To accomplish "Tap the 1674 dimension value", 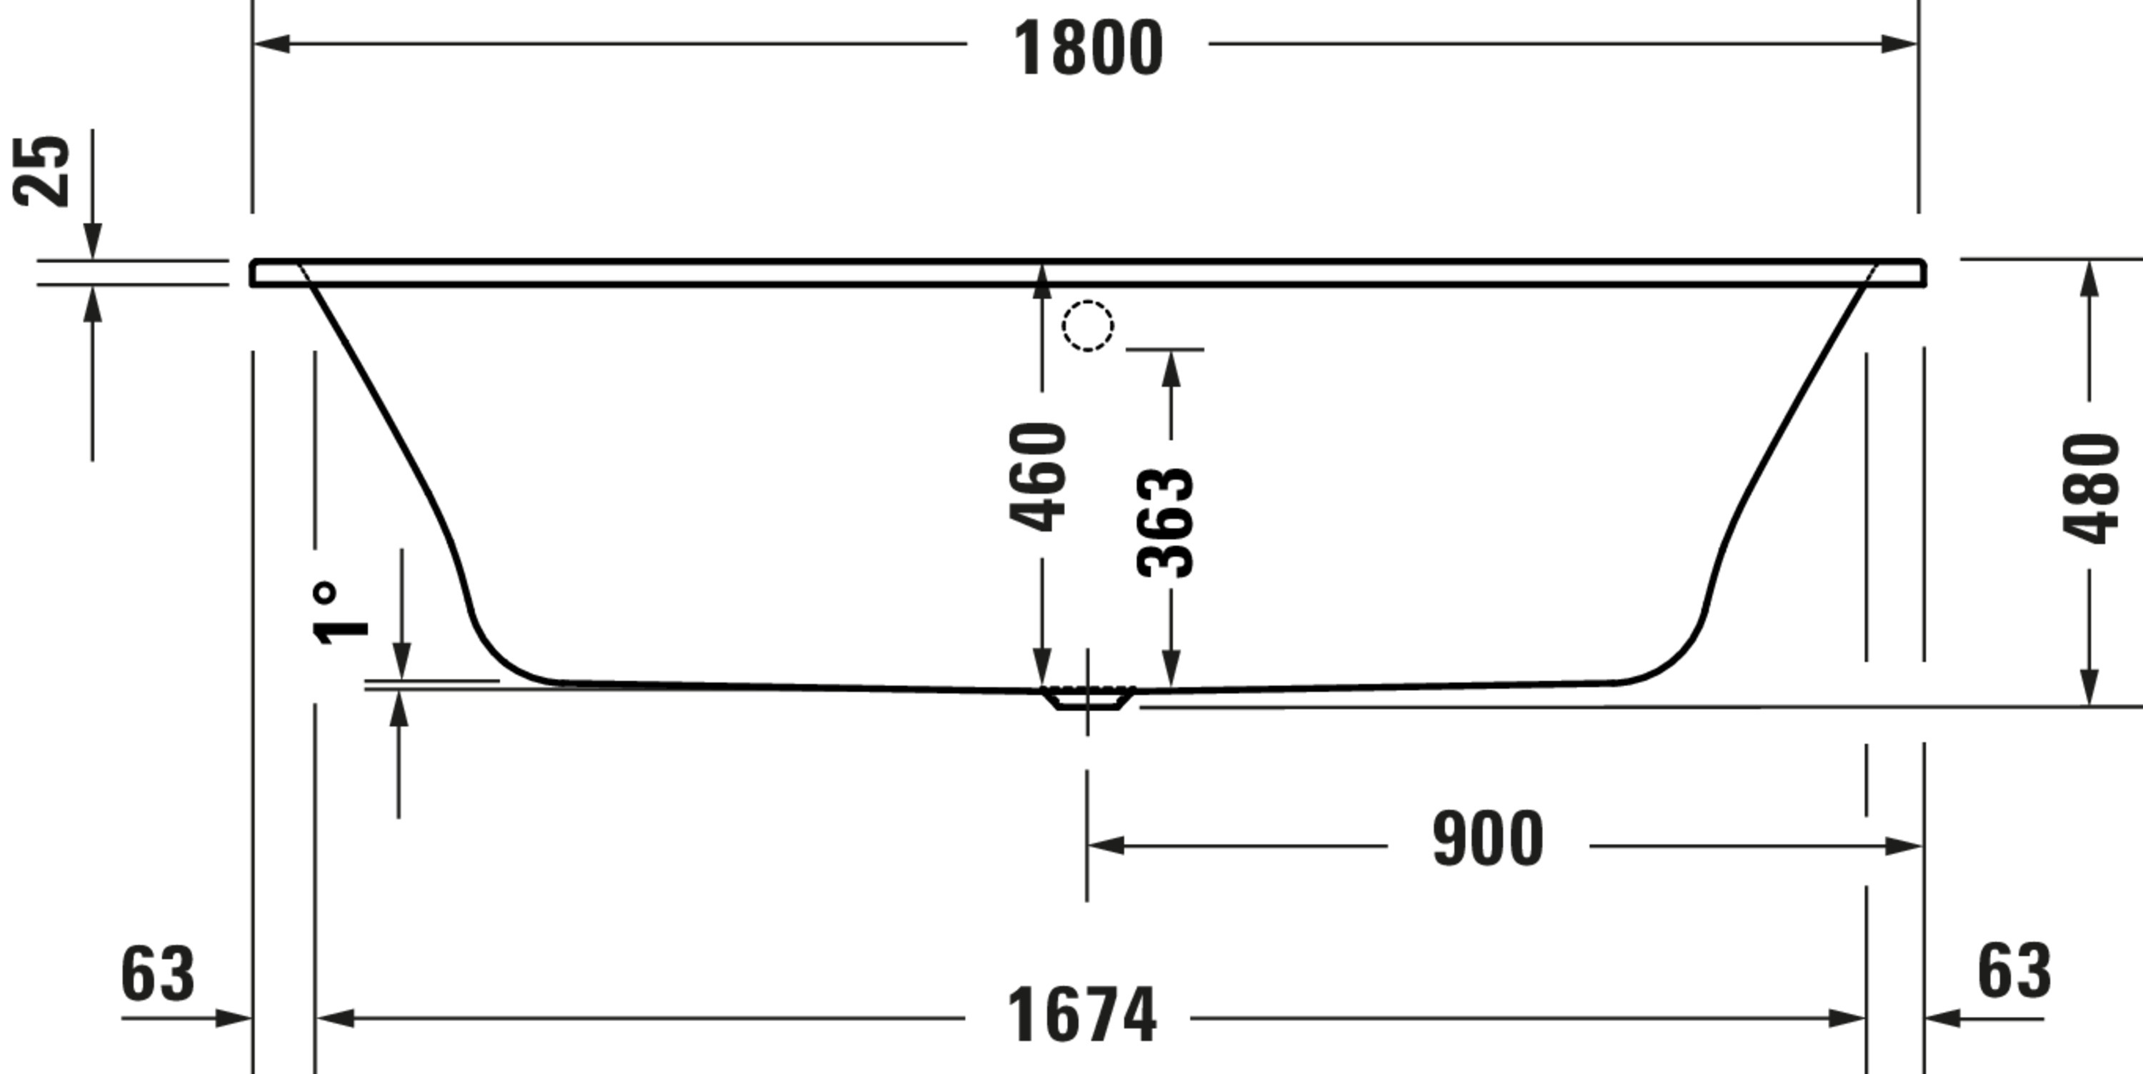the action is pos(1082,1015).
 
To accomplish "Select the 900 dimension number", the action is pos(1487,839).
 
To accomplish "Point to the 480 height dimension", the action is pos(2091,488).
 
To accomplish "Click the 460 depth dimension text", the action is pos(1037,477).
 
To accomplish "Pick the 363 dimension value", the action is pos(1164,522).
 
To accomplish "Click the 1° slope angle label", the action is pos(339,613).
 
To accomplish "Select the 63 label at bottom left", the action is pos(158,973).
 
